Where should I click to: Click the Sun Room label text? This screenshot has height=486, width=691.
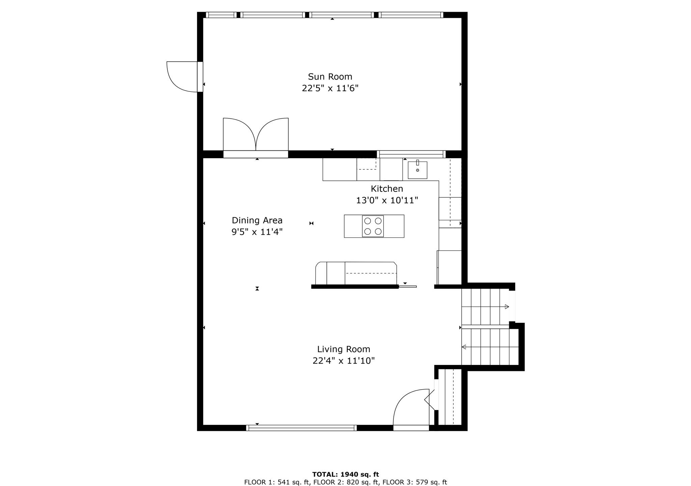(330, 77)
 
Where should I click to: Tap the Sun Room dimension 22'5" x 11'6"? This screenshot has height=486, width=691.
(330, 88)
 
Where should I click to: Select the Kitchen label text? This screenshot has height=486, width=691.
(387, 189)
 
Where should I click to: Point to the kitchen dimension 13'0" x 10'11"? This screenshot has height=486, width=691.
(387, 200)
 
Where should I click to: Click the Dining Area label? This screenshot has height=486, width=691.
(257, 220)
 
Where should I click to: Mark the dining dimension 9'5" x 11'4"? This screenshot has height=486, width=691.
(257, 232)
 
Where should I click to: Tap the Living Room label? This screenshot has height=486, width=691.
(343, 349)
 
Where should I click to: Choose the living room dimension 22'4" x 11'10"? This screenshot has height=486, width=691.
(343, 361)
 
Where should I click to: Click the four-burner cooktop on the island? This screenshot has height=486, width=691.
(373, 226)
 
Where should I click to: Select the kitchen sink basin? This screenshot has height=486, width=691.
(417, 170)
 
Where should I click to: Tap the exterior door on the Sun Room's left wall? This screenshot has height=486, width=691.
(182, 77)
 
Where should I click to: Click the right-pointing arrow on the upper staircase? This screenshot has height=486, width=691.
(506, 307)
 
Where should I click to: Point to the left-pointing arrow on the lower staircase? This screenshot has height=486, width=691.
(464, 347)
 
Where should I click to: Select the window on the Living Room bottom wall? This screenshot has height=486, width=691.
(301, 428)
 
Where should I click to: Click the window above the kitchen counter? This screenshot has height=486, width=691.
(411, 154)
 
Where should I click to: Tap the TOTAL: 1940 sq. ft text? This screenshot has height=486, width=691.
(345, 475)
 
